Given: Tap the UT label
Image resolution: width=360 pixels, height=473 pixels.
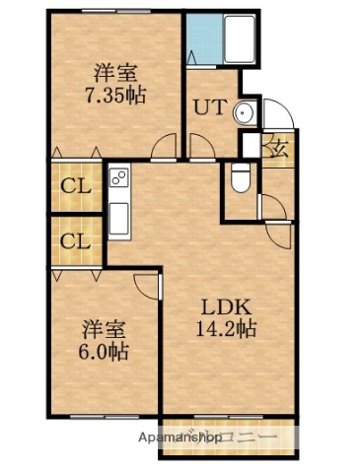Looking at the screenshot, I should (x=209, y=108).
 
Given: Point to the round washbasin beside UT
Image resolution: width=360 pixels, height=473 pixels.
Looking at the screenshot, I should (x=245, y=114).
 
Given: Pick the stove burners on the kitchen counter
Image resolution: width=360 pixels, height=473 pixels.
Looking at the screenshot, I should (x=119, y=179).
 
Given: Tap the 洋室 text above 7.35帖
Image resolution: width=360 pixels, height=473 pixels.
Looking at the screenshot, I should (x=114, y=72).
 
